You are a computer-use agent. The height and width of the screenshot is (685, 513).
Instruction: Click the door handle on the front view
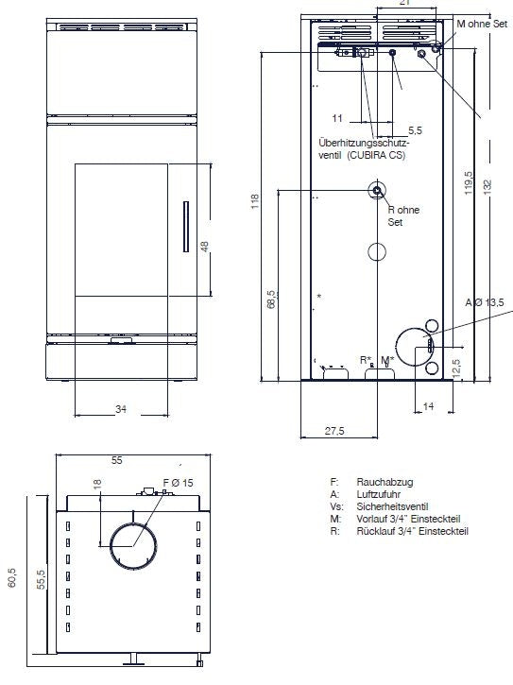pos(186,227)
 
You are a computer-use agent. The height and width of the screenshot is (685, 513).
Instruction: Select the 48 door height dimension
pos(205,247)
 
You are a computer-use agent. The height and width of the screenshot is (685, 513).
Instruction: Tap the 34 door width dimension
pos(121,409)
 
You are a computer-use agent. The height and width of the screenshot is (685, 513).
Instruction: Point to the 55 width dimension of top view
pos(116,460)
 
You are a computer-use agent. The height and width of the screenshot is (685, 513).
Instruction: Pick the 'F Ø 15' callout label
pos(178,483)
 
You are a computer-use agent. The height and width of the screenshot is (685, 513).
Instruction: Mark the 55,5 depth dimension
pos(41,579)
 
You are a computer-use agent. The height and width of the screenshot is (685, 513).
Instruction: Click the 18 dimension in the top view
pos(97,484)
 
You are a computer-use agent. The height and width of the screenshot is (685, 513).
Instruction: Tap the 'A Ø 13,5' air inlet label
pos(484,302)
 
